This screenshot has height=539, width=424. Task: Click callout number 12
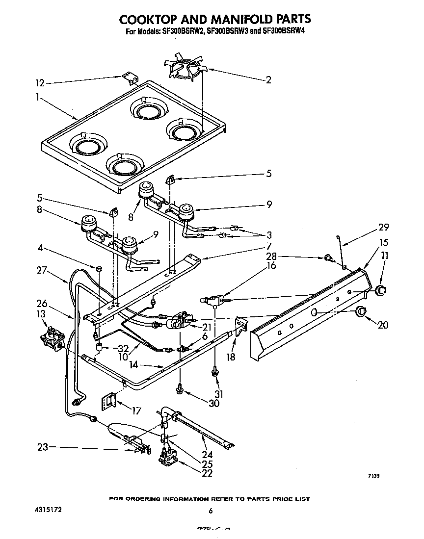point(40,83)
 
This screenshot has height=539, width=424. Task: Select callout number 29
point(383,227)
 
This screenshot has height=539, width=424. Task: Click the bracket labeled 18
point(241,326)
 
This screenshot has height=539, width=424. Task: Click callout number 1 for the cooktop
point(37,97)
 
